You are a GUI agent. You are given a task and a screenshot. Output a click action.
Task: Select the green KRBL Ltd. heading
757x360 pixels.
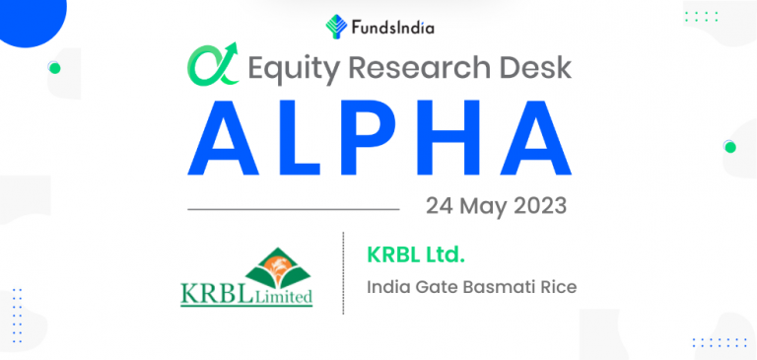415,256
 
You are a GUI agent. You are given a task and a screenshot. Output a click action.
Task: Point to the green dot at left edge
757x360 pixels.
54,68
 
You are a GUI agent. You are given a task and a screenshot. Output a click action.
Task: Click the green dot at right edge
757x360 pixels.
729,147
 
